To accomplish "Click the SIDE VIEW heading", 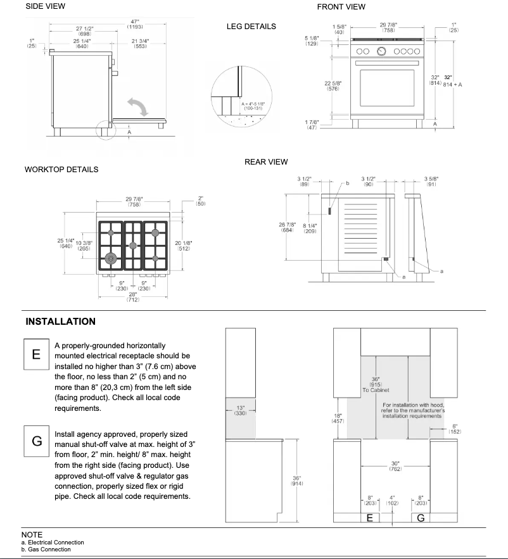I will (x=45, y=7).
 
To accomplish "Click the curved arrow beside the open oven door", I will (x=139, y=106).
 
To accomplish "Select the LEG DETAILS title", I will (x=251, y=27).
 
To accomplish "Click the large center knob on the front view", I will (x=381, y=51).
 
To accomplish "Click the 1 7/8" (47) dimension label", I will (x=312, y=125).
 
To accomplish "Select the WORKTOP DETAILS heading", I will (x=61, y=170).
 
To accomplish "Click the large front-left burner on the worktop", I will (x=112, y=258).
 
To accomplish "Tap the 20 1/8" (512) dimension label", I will (x=182, y=246).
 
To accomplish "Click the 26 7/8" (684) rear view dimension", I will (x=288, y=227).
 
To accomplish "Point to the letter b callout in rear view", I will (x=346, y=184).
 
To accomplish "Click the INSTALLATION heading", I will (x=61, y=322).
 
